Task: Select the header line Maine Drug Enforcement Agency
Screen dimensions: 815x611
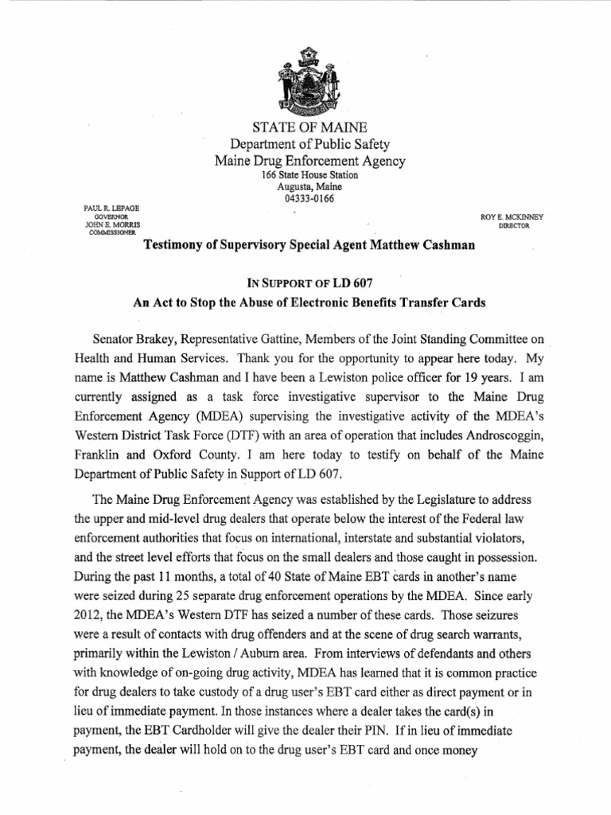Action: (x=310, y=161)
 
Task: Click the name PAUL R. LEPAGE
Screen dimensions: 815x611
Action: (x=106, y=208)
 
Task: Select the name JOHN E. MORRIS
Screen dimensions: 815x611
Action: (x=105, y=226)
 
